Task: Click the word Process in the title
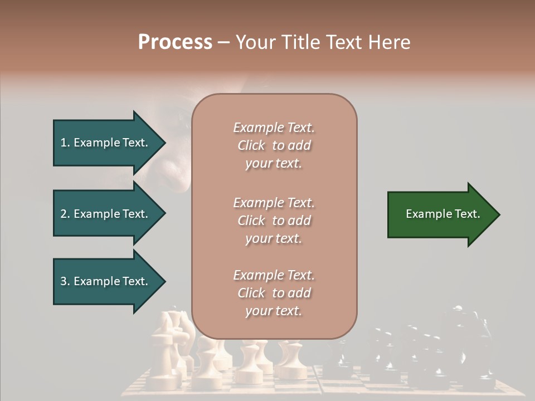(175, 42)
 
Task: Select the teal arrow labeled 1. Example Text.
(106, 143)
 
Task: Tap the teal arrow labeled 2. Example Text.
(106, 214)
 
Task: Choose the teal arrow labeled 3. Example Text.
(106, 281)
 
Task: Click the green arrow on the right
(440, 214)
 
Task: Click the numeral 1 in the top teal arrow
(64, 143)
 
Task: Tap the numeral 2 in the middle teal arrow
(64, 214)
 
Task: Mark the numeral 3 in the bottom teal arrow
(64, 281)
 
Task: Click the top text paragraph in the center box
(274, 145)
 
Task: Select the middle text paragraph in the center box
(274, 221)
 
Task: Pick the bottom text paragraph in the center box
(274, 293)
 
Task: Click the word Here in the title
(390, 42)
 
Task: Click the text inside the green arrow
(442, 214)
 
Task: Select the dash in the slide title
(223, 43)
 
